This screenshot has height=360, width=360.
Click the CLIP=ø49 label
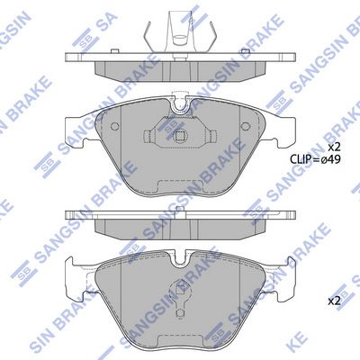[315, 159]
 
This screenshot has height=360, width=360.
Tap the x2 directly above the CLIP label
[334, 147]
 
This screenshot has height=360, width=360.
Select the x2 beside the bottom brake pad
[334, 301]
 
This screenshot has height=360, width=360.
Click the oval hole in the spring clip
[181, 38]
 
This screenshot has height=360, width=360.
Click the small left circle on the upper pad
[115, 126]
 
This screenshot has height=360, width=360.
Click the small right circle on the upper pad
[246, 126]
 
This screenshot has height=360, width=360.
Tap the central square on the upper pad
[180, 136]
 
